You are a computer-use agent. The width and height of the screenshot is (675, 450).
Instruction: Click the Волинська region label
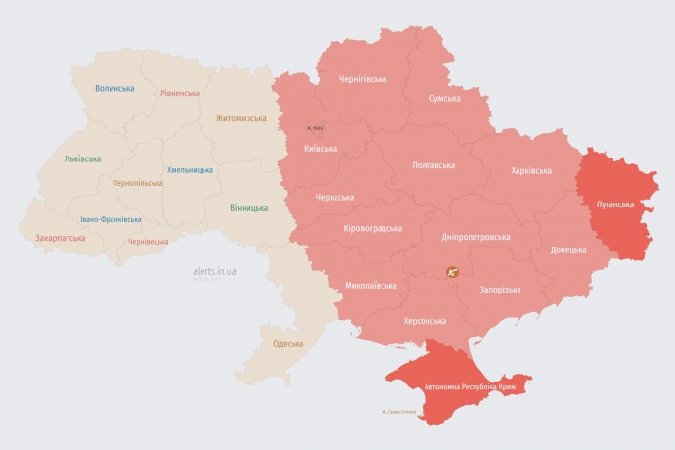coord(114,88)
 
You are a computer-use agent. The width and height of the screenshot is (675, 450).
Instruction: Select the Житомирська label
coord(241,118)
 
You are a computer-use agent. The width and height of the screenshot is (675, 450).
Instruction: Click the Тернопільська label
coord(138,183)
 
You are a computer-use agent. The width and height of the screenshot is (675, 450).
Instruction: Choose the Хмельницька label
coord(190,169)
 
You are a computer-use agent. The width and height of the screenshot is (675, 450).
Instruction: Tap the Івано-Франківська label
coord(111,219)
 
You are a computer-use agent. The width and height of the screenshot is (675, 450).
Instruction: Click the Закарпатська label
coord(60,237)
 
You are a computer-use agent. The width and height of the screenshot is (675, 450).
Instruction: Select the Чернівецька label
coord(148,241)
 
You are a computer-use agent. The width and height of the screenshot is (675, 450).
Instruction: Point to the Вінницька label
coord(248,208)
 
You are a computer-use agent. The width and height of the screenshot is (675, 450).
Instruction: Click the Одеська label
coord(288,343)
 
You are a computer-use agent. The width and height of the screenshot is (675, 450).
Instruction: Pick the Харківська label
coord(530,170)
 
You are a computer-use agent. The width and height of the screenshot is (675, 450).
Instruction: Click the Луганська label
coord(614,204)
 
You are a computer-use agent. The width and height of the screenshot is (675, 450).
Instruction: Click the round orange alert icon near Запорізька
coord(452,272)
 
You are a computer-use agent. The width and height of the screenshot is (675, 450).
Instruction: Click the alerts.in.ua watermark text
coord(220,273)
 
